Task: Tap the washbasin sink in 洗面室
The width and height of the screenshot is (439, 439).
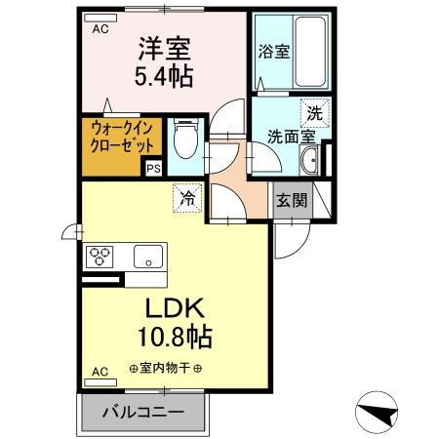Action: point(308,161)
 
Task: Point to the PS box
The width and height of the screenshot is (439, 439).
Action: point(152,168)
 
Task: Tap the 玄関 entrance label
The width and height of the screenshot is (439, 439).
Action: point(291,201)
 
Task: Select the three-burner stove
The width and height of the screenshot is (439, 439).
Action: point(100,257)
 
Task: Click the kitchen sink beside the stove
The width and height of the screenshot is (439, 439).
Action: point(147,258)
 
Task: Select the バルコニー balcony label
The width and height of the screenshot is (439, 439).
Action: point(144,413)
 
